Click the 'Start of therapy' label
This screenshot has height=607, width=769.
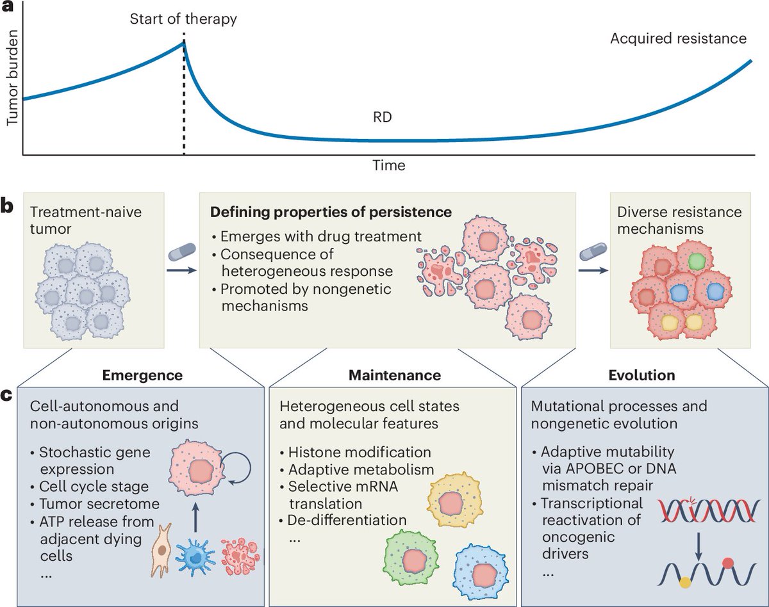[x=183, y=19]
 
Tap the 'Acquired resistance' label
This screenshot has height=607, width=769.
[x=678, y=38]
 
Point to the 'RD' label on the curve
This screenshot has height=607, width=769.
[x=382, y=118]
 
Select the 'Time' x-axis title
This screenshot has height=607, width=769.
[x=389, y=165]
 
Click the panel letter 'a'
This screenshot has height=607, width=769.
[x=9, y=9]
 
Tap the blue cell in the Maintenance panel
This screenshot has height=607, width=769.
[x=483, y=567]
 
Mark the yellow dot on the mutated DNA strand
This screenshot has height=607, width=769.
[x=668, y=581]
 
